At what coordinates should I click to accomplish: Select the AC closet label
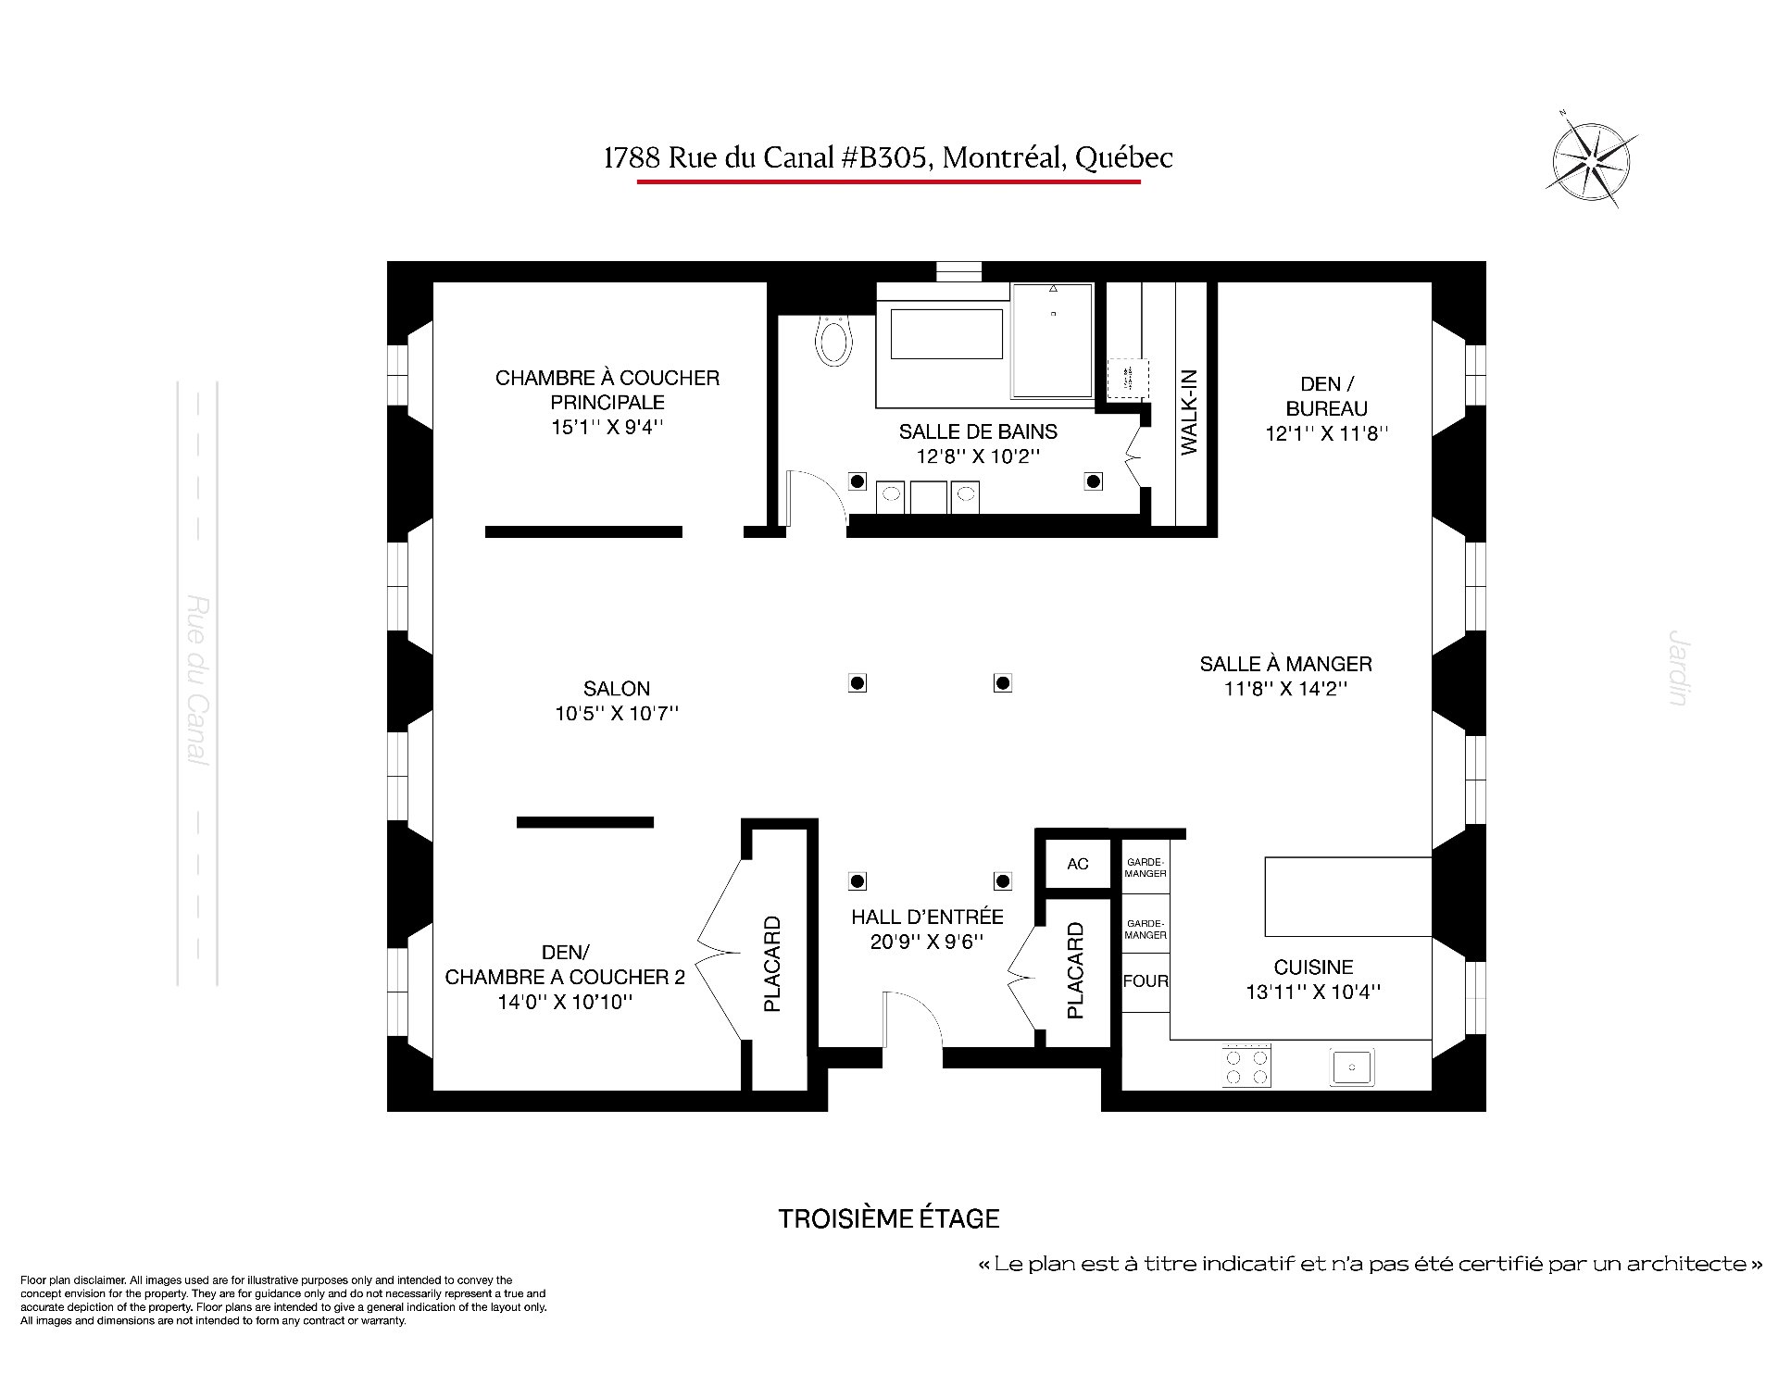(1078, 864)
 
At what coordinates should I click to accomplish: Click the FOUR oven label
(1146, 981)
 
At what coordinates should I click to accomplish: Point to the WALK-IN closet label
(1190, 412)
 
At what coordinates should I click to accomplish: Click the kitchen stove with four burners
(1246, 1066)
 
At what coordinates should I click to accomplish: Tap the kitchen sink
(1353, 1067)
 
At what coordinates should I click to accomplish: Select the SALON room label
(617, 689)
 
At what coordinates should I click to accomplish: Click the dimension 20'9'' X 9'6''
(927, 942)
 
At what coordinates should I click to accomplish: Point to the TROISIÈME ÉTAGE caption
(889, 1218)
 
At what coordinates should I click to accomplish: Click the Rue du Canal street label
(198, 680)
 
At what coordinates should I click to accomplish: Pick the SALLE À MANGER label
(1285, 664)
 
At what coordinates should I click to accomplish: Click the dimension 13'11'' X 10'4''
(1313, 992)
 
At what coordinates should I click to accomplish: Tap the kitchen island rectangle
(1348, 896)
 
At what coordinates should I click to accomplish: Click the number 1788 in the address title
(632, 158)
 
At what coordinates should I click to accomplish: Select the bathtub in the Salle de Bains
(946, 334)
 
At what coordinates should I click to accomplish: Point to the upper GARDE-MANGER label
(1146, 867)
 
